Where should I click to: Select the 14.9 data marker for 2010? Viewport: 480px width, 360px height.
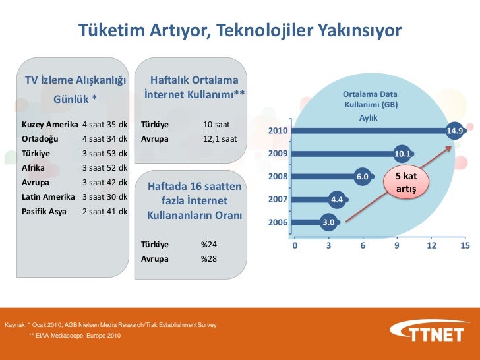click(x=455, y=131)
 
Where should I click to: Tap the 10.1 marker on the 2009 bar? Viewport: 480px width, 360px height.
click(x=402, y=154)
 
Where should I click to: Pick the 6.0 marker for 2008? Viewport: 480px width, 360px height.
click(x=362, y=177)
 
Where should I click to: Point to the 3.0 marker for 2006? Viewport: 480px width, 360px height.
click(x=328, y=222)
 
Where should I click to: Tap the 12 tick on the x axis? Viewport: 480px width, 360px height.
click(x=431, y=245)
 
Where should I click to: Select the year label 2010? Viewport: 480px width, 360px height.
click(x=277, y=131)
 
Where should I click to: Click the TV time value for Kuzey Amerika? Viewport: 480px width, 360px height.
click(x=104, y=125)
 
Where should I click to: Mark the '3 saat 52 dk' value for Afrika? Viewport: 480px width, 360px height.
click(x=104, y=167)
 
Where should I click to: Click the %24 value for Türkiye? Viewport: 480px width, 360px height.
click(x=209, y=245)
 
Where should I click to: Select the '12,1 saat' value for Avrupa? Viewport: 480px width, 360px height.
click(x=220, y=139)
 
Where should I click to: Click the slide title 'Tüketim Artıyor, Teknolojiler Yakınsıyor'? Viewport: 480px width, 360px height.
click(x=240, y=31)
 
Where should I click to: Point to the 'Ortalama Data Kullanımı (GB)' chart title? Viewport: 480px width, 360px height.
click(x=370, y=100)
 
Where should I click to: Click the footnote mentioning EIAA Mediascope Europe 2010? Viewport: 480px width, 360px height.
click(x=75, y=336)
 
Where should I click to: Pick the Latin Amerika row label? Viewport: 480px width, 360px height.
click(x=50, y=196)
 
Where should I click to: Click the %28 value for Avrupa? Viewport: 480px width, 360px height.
click(x=209, y=258)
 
